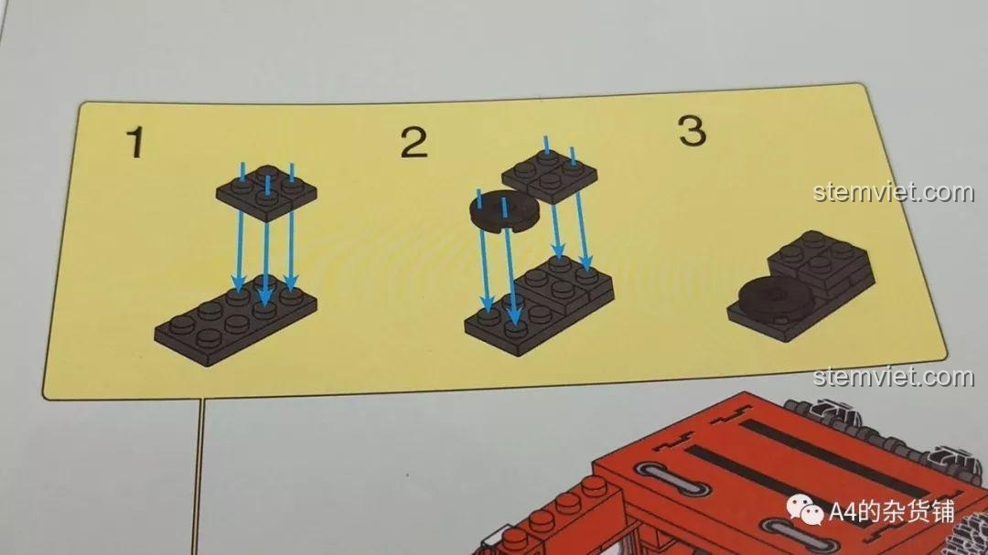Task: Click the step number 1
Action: coord(135,142)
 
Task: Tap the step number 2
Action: coord(414,143)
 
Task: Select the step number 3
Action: coord(692,131)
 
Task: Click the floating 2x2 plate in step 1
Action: coord(266,191)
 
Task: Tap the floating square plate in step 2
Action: coord(550,175)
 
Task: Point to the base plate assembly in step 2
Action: coord(539,304)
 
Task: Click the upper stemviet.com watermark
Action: coord(894,191)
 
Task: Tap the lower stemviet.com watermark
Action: coord(894,377)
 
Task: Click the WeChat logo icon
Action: coord(804,509)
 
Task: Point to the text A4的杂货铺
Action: coord(892,511)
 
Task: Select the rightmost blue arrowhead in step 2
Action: coord(586,262)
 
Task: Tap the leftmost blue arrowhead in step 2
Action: coord(487,304)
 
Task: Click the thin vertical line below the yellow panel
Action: coord(200,476)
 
